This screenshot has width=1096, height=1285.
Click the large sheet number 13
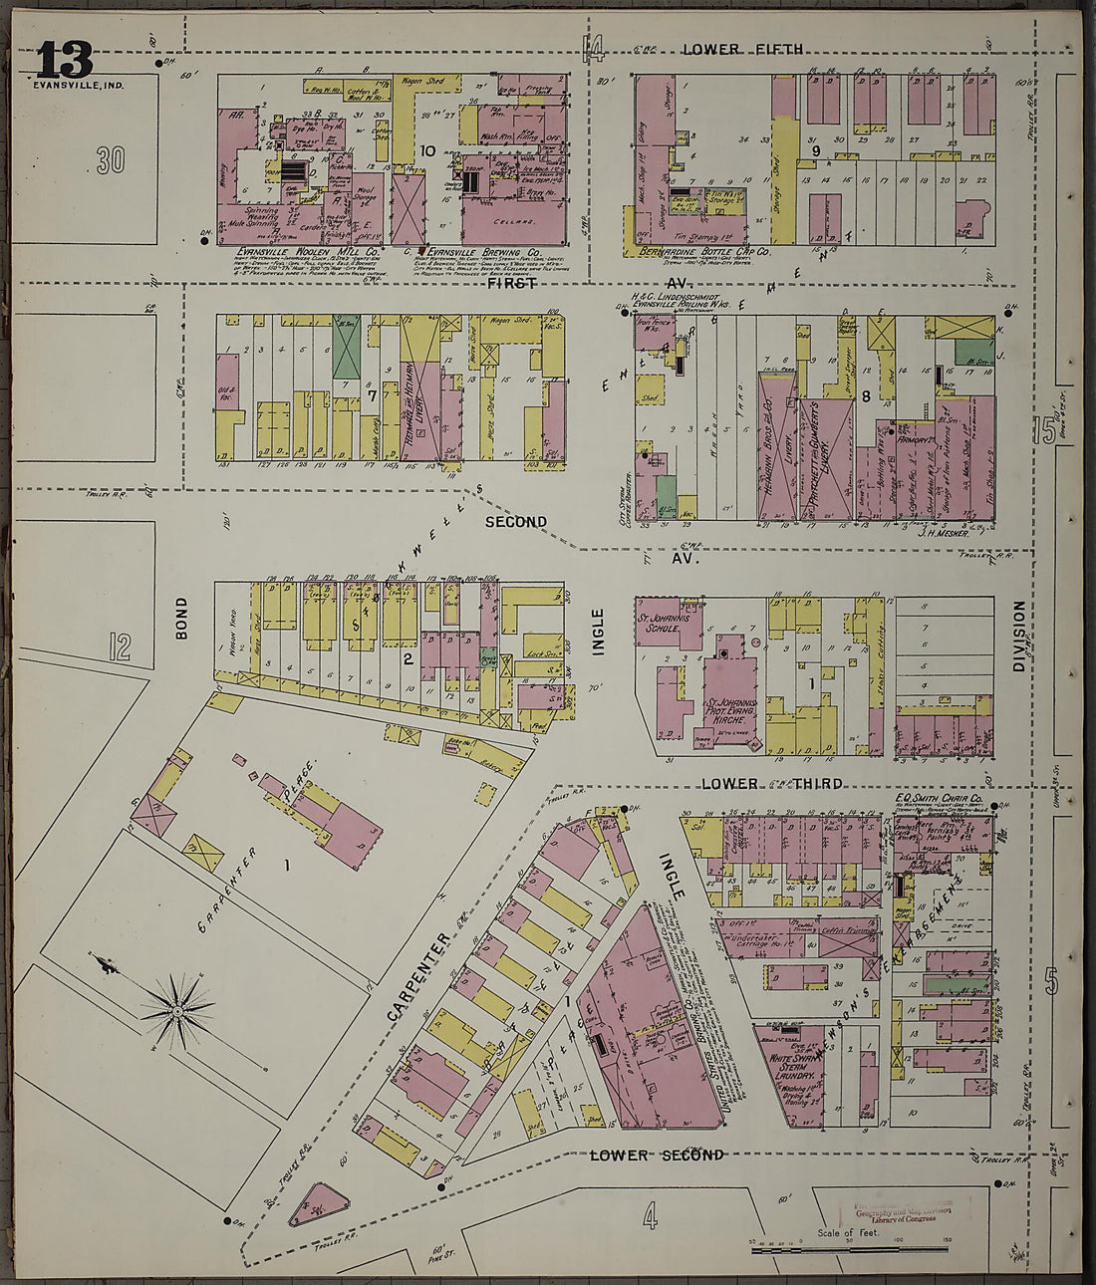point(65,62)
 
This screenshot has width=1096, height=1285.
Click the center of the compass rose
point(177,1012)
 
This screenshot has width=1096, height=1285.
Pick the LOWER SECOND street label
point(656,1156)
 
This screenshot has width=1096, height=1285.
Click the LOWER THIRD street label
point(771,784)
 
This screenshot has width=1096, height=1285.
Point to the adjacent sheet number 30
point(110,160)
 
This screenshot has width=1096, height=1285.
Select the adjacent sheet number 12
point(120,648)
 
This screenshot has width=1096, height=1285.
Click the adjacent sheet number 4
point(650,1216)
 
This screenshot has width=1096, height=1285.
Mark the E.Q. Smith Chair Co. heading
point(940,799)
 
